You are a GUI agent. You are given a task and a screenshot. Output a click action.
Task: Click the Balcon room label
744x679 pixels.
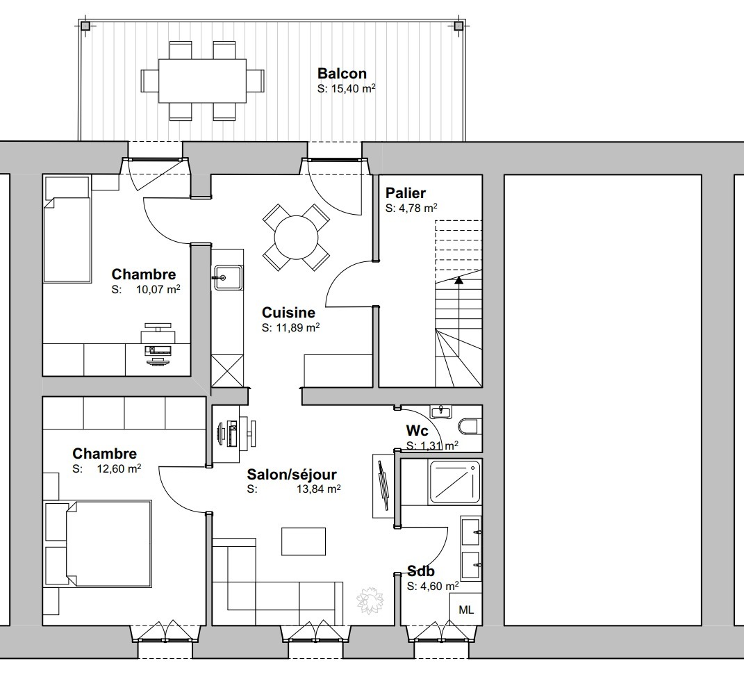(342, 74)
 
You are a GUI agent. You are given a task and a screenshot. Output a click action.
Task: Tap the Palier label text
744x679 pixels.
(405, 193)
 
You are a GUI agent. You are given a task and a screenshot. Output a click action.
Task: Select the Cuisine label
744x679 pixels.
(288, 313)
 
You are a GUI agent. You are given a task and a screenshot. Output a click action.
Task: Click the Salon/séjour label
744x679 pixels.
(292, 475)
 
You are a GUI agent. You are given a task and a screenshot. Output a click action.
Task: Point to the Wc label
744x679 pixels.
(417, 431)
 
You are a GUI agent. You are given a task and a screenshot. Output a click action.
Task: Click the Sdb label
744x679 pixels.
(421, 571)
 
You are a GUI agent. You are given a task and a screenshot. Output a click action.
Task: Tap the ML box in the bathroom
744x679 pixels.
(466, 610)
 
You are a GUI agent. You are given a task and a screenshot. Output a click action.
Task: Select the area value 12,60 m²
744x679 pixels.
(119, 468)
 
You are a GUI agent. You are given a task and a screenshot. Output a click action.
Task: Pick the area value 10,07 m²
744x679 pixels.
(158, 289)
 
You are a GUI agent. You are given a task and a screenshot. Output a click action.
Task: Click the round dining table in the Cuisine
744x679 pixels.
(296, 237)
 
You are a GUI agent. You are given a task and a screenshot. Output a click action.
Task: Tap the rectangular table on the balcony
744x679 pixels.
(202, 81)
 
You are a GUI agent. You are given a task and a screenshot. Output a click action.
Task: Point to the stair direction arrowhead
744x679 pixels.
(458, 280)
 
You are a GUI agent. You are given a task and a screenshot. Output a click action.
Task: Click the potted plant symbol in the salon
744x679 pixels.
(370, 600)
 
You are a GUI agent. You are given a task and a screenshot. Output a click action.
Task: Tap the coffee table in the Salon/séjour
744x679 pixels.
(304, 541)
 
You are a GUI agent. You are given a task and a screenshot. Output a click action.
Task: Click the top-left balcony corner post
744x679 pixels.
(85, 26)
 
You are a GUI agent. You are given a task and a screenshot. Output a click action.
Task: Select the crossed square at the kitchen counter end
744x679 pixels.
(227, 371)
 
